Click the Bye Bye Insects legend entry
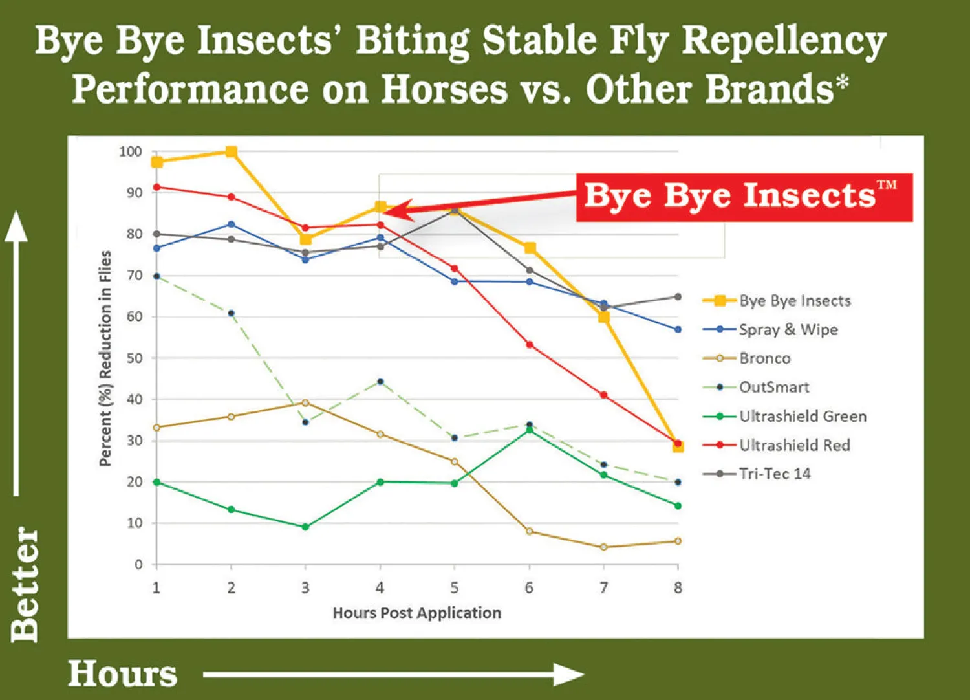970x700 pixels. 794,301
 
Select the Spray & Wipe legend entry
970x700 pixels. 788,329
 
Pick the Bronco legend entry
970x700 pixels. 764,358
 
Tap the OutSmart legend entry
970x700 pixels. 773,388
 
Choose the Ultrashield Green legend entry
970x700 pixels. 802,416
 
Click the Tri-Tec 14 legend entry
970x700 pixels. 774,474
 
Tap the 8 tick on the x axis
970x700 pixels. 678,587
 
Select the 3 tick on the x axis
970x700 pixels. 305,587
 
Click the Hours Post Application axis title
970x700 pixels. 416,613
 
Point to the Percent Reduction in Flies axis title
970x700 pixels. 105,358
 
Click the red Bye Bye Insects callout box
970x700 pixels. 744,197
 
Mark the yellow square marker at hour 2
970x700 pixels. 231,152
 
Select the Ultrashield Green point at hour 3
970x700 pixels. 305,527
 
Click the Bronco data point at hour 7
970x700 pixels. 603,547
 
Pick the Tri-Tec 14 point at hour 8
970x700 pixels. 678,297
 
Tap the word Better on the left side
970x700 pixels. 26,584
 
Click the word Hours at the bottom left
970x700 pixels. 122,674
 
